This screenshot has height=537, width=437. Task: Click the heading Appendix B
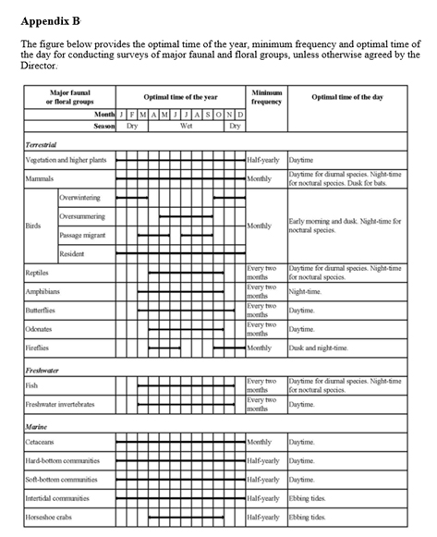(x=50, y=19)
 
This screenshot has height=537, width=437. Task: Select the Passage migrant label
(x=84, y=236)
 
